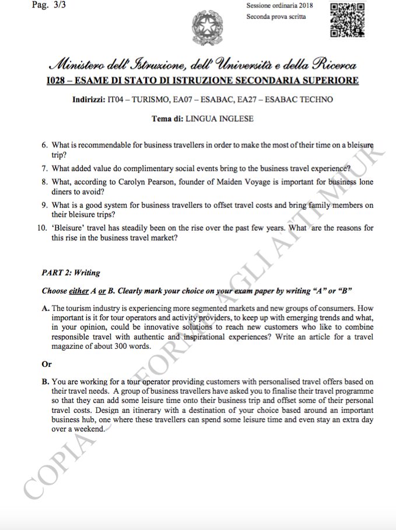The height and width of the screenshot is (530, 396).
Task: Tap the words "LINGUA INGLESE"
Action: (219, 119)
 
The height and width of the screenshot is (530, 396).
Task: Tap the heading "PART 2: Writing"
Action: (71, 272)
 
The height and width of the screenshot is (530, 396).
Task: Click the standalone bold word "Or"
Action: (47, 364)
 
